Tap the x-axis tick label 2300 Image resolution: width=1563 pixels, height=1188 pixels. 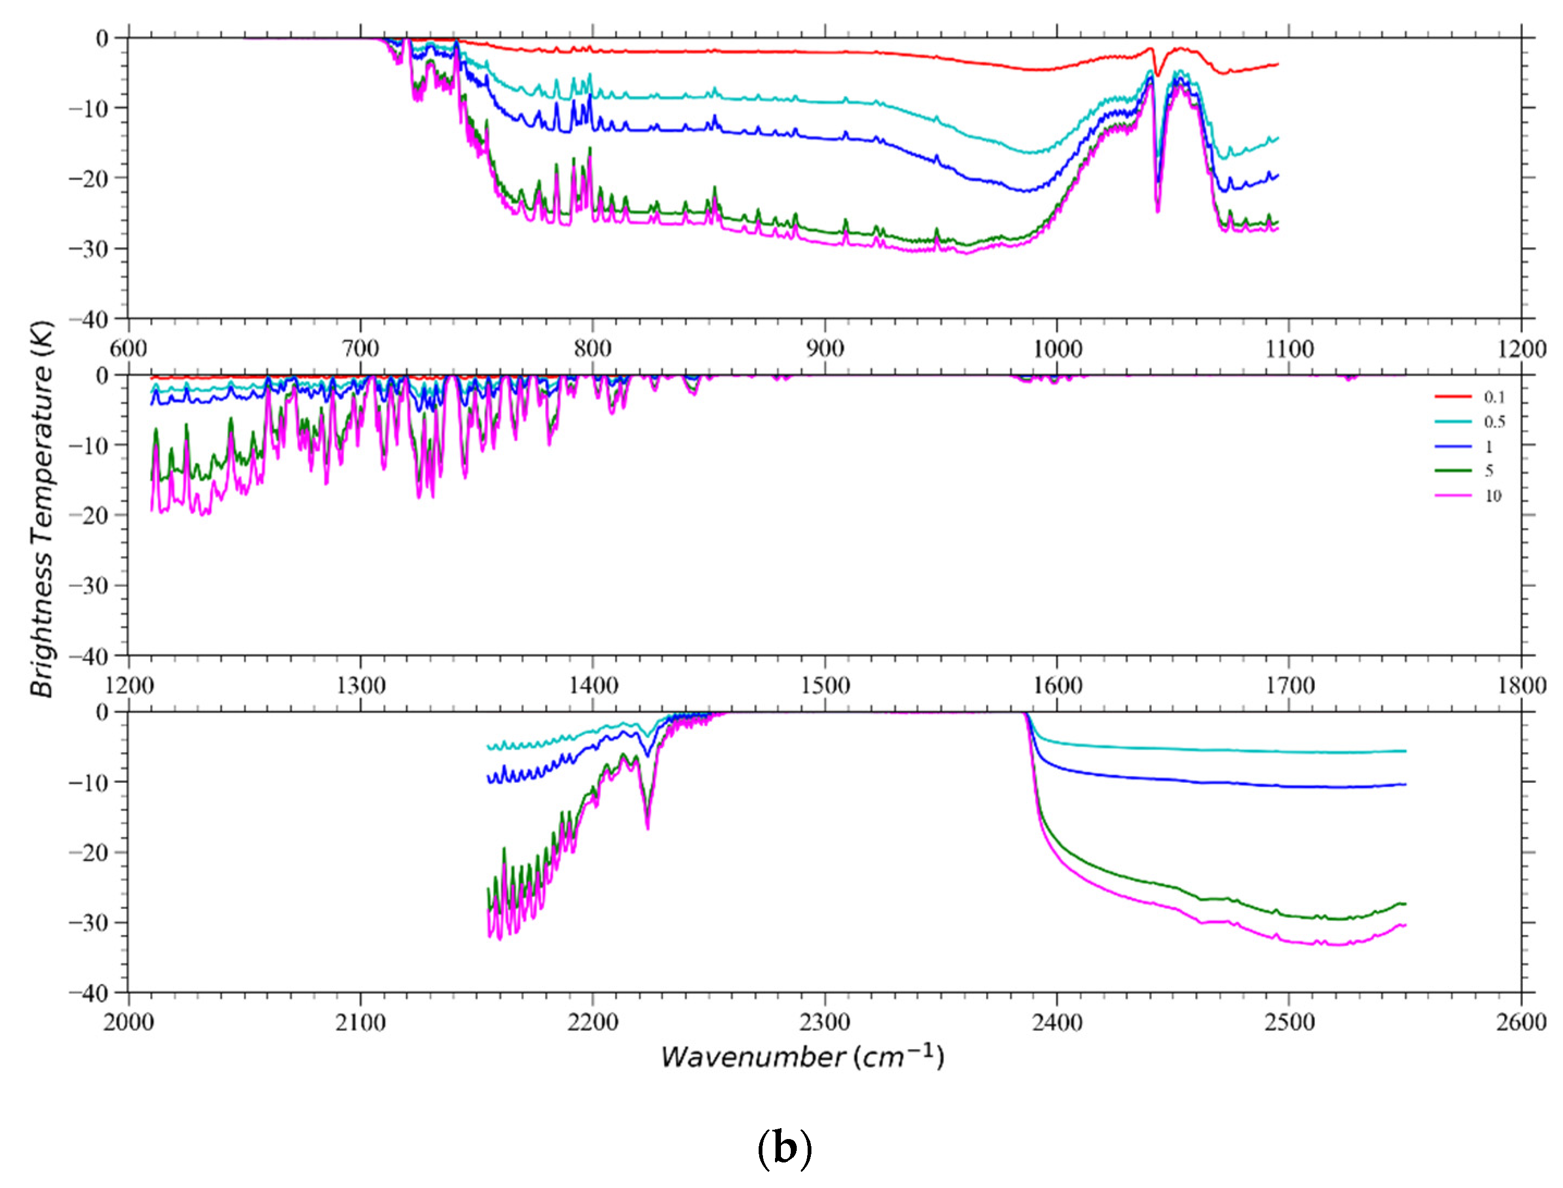point(824,1022)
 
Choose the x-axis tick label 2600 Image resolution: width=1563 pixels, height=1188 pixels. point(1521,1022)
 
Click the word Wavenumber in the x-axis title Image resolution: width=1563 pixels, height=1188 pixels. point(753,1058)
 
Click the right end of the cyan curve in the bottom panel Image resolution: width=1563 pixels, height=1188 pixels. point(1405,751)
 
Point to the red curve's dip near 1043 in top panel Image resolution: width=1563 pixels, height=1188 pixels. point(1158,74)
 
